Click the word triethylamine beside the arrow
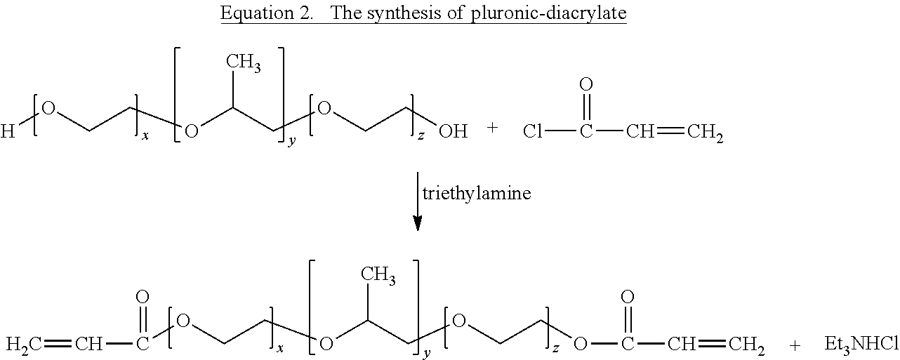point(477,194)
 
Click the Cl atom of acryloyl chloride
point(533,131)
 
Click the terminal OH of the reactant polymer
point(453,131)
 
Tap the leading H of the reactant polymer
point(8,131)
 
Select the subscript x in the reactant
point(145,135)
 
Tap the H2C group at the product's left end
point(22,345)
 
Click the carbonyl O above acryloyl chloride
point(586,85)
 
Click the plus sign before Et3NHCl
point(795,344)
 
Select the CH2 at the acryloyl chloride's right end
point(704,132)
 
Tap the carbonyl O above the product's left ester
point(143,298)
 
